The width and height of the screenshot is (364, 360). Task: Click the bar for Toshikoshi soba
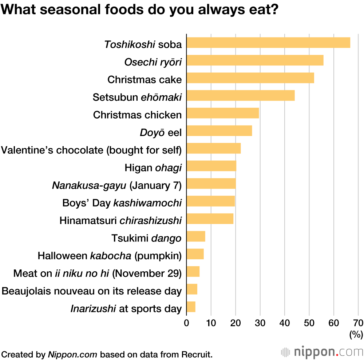tap(268, 43)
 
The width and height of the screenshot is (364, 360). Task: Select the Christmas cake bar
tap(250, 78)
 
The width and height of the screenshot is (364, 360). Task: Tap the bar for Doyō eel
tap(219, 131)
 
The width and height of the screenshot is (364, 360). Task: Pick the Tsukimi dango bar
tap(196, 236)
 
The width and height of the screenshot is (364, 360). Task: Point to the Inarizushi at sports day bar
tap(191, 307)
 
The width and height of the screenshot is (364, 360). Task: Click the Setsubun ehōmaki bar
tap(240, 96)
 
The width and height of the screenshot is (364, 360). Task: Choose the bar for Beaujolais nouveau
tap(192, 289)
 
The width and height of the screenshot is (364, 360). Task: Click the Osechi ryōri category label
tap(153, 62)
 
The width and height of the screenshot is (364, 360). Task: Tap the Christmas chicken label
tap(137, 115)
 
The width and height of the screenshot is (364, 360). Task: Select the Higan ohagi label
tap(153, 168)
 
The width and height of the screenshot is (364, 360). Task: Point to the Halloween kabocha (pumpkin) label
tap(110, 256)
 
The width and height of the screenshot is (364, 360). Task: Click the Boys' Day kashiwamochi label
tap(122, 203)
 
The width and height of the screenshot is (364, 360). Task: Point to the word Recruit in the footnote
tap(198, 354)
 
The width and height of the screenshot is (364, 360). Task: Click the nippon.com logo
tap(323, 352)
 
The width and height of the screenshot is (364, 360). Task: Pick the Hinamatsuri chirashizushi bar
tap(210, 219)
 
